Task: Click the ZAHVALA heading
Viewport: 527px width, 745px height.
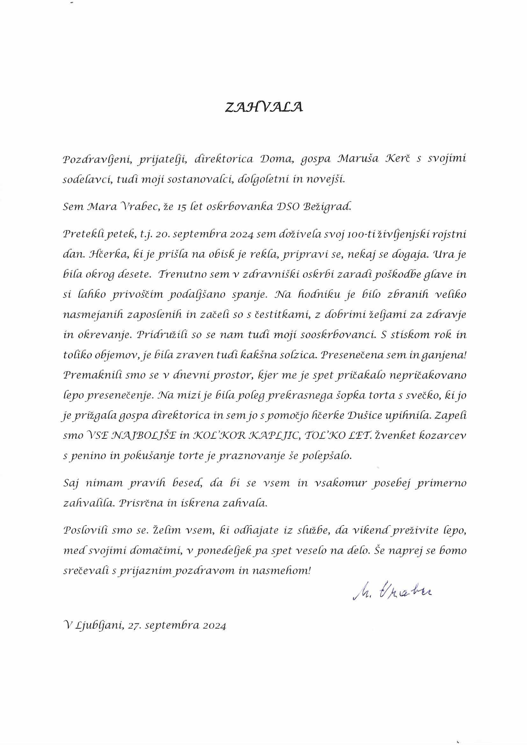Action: [x=263, y=107]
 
